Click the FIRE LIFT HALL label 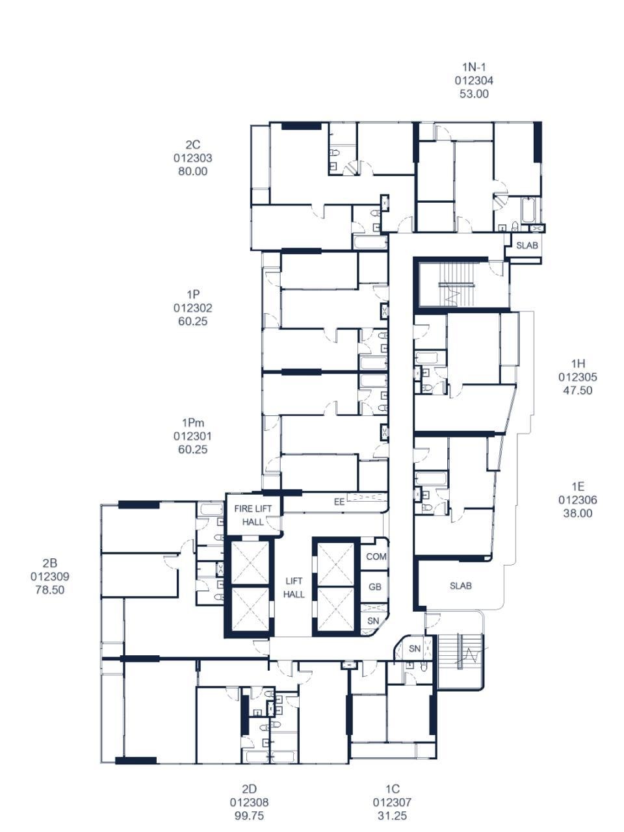point(253,515)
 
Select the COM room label point(376,556)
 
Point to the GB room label point(374,587)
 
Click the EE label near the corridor point(339,502)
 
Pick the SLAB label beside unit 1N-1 point(527,245)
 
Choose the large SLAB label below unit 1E point(461,586)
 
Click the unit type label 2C point(193,144)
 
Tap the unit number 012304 point(474,81)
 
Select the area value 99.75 point(249,816)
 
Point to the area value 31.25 point(392,816)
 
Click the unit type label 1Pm point(193,422)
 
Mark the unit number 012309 point(49,577)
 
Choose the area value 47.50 point(577,390)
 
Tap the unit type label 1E point(578,486)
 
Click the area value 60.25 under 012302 point(193,321)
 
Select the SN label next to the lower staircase point(415,649)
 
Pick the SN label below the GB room point(373,621)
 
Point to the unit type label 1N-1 point(474,67)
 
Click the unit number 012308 point(249,802)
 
